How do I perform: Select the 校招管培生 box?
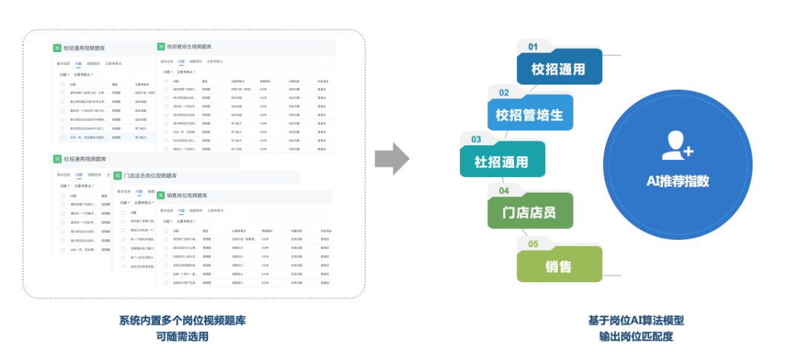pos(530,116)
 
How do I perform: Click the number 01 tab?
pos(533,47)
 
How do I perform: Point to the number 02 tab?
pos(504,93)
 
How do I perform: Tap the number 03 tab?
pos(476,139)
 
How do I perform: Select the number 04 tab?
pos(504,190)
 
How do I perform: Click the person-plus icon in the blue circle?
pos(677,145)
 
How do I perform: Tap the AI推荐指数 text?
pos(678,181)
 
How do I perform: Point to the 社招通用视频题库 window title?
pos(85,159)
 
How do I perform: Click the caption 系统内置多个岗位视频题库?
pos(182,321)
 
